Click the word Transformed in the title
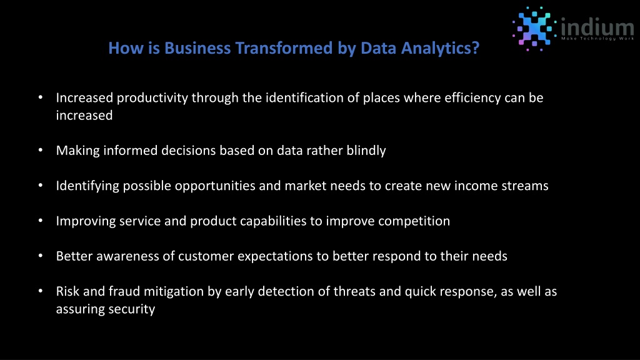click(284, 48)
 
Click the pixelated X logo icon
click(534, 29)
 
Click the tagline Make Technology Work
click(597, 38)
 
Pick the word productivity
click(152, 98)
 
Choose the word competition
click(414, 221)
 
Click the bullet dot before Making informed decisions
click(41, 150)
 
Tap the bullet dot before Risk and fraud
click(41, 291)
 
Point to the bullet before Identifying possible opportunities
click(41, 185)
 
